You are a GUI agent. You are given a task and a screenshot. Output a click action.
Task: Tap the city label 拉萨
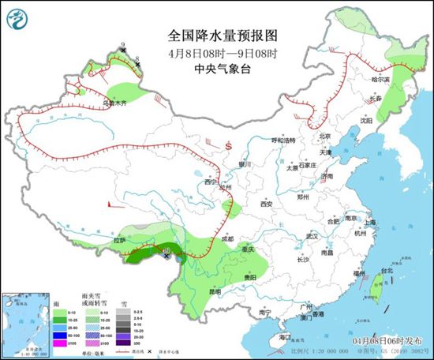point(119,238)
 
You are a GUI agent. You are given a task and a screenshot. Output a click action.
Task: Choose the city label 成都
point(227,238)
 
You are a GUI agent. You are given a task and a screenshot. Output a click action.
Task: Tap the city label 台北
point(387,270)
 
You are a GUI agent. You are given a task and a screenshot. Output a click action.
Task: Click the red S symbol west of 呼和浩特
point(226,146)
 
